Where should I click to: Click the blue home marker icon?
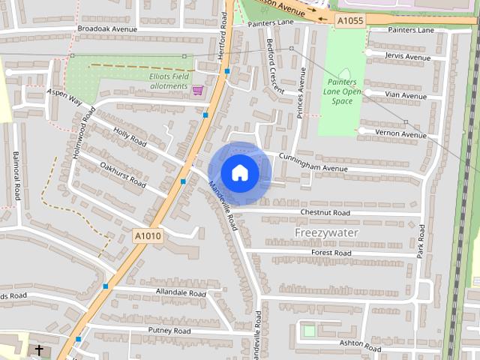click(239, 172)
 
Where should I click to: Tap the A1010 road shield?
click(148, 235)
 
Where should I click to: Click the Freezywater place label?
click(326, 232)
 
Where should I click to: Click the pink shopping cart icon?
click(198, 90)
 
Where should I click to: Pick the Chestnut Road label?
click(325, 213)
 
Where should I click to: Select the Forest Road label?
click(331, 253)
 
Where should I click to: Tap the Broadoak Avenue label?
click(107, 29)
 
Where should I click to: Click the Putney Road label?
click(169, 331)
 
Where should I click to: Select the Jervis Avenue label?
click(407, 57)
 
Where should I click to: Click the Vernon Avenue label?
click(403, 134)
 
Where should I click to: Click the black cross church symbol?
click(38, 350)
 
